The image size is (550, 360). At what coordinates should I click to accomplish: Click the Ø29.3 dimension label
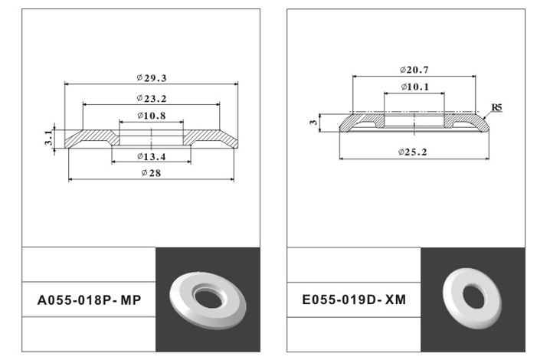151,77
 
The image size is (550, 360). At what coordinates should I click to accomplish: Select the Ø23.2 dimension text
151,99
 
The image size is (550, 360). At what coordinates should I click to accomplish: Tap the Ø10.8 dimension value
151,116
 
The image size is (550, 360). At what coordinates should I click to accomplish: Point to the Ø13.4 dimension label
151,156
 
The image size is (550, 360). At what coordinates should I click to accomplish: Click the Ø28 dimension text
151,172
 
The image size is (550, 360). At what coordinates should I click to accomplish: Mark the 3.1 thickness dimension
49,137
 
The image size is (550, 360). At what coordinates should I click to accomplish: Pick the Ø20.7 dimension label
414,70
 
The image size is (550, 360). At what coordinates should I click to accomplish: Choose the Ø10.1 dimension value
414,87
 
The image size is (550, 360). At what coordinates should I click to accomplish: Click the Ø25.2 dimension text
412,152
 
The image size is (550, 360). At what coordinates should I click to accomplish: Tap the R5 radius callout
496,107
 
